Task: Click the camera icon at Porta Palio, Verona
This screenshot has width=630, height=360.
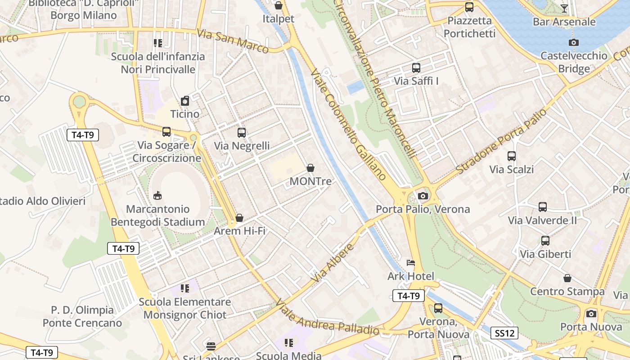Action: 423,196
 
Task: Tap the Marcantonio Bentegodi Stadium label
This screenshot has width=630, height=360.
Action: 158,216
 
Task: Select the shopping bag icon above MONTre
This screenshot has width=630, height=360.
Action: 310,168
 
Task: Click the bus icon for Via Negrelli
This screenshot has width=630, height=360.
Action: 242,133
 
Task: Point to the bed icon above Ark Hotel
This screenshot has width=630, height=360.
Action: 411,263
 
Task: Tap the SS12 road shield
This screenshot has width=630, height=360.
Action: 504,333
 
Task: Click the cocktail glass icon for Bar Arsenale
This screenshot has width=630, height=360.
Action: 564,8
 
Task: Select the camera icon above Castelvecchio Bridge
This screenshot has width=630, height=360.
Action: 573,42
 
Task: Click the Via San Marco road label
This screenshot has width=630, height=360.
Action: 233,41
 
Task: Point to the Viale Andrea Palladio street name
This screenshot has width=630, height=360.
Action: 327,318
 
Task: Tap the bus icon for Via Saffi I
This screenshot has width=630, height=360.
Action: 416,68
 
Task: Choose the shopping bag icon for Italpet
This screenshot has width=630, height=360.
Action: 279,5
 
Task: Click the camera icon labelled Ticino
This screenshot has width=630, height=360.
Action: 185,101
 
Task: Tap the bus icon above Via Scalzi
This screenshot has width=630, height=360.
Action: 512,156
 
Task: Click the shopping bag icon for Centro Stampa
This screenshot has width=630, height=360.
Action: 567,278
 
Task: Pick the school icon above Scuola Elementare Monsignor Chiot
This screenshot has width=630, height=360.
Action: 185,288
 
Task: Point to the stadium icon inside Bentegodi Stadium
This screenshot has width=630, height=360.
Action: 157,195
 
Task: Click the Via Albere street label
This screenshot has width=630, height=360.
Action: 333,263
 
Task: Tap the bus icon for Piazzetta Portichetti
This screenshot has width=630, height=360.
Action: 469,7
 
